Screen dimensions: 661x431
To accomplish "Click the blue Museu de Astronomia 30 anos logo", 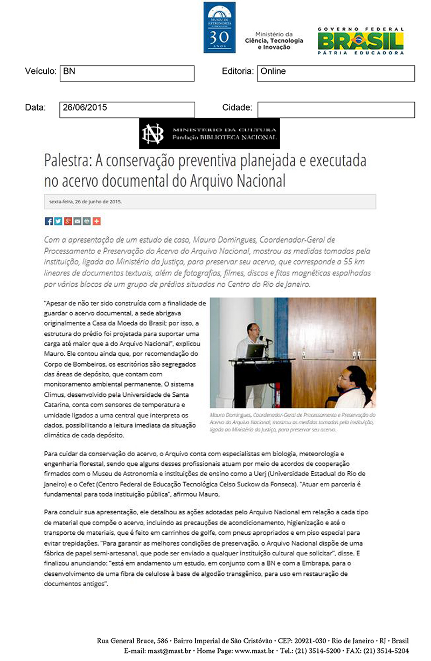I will pos(219,27).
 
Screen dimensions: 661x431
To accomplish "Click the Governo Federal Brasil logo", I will pos(360,40).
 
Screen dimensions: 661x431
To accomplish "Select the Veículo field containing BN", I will pos(127,73).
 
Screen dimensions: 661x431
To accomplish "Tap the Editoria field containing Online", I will pos(336,73).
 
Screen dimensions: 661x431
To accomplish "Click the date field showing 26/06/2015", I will pos(127,109).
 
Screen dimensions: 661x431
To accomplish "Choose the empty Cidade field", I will pos(336,109).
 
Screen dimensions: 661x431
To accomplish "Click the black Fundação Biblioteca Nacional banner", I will pos(210,133).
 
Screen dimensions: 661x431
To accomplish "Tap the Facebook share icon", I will pos(48,221).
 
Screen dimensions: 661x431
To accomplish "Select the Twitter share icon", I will pos(58,221).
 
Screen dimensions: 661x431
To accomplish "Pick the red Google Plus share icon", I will pos(68,221).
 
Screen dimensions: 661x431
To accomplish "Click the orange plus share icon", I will pos(97,221).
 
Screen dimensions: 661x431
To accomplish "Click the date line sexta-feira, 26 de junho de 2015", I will pos(86,202).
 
